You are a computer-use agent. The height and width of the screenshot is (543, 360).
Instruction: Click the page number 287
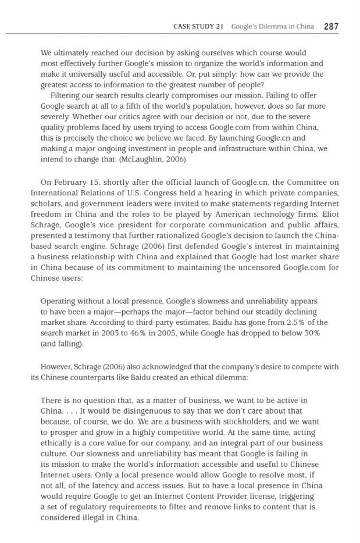[x=331, y=26]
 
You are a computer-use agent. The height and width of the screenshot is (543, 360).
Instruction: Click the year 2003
[x=102, y=333]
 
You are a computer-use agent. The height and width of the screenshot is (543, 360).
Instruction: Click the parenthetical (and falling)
[x=62, y=344]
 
